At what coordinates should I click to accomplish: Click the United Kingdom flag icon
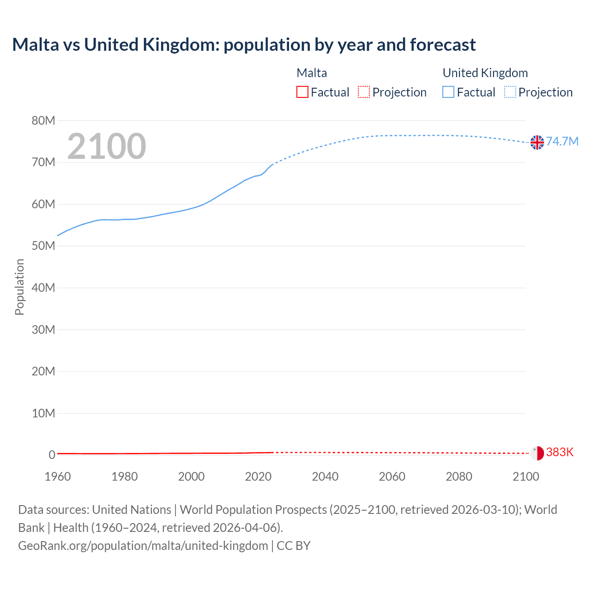coord(537,142)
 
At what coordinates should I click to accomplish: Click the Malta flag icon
coord(537,453)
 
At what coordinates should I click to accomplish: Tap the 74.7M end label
coord(562,141)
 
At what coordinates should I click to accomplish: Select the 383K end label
coord(560,452)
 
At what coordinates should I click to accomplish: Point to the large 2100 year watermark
coord(107,146)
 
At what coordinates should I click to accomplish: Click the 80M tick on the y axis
coord(43,121)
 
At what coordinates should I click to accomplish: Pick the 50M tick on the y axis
coord(43,246)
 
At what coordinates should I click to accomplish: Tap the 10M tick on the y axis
coord(43,413)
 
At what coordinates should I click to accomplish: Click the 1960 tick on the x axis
coord(58,476)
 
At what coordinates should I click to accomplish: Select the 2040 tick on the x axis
coord(325,476)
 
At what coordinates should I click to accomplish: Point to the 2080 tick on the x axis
coord(459,476)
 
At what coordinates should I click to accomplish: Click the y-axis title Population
coord(19,287)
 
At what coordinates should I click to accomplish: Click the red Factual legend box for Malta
coord(302,92)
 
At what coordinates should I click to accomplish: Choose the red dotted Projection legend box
coord(364,92)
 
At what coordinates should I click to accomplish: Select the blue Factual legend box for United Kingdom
coord(448,92)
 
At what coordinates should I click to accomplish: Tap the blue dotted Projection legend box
coord(510,92)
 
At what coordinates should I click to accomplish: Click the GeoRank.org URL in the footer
coord(143,545)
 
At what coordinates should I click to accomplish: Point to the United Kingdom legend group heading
coord(485,73)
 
